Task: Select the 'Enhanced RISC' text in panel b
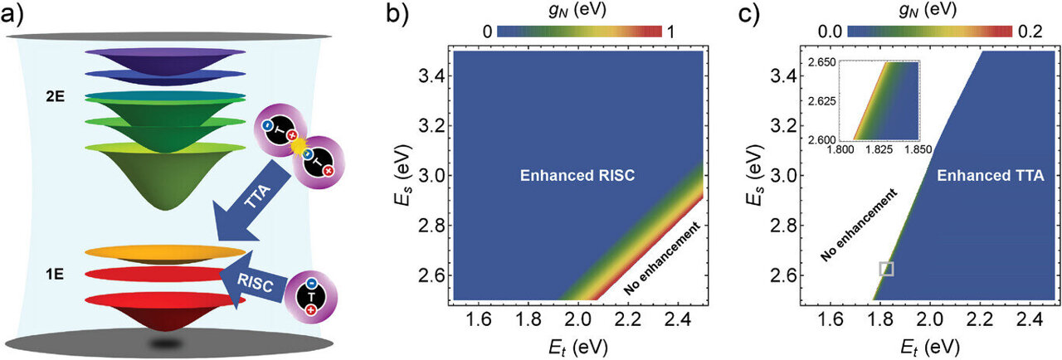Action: tap(577, 176)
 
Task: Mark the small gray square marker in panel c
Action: tap(886, 268)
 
